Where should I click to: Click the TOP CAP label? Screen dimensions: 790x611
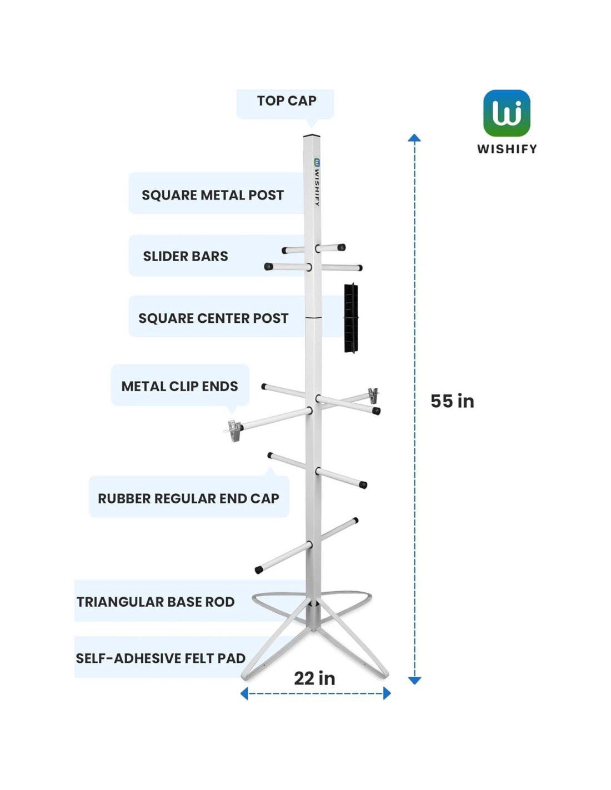pyautogui.click(x=286, y=101)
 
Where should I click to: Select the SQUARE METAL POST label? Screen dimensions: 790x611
pyautogui.click(x=212, y=195)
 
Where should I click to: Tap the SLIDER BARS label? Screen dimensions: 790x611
pyautogui.click(x=186, y=256)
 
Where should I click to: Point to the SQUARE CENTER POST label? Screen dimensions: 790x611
pyautogui.click(x=213, y=318)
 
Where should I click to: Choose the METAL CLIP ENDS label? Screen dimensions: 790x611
pyautogui.click(x=179, y=386)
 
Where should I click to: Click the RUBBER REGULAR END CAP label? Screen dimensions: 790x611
pyautogui.click(x=188, y=498)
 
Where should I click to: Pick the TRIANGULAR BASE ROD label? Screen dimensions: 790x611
pyautogui.click(x=156, y=602)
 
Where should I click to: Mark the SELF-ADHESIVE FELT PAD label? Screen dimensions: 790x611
pyautogui.click(x=161, y=658)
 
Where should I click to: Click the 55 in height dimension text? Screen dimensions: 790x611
pyautogui.click(x=452, y=401)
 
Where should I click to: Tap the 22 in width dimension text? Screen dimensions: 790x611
pyautogui.click(x=314, y=678)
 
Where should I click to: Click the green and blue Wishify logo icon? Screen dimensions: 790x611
pyautogui.click(x=507, y=113)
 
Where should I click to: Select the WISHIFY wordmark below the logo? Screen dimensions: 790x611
pyautogui.click(x=507, y=149)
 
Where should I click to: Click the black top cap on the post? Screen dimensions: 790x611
pyautogui.click(x=312, y=136)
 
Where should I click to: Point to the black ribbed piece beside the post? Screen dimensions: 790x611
pyautogui.click(x=350, y=318)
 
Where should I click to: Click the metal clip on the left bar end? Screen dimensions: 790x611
pyautogui.click(x=234, y=431)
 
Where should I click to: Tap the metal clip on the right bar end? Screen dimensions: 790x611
pyautogui.click(x=373, y=395)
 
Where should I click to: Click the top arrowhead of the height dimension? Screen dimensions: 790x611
pyautogui.click(x=414, y=138)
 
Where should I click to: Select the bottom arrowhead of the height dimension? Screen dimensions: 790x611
pyautogui.click(x=414, y=680)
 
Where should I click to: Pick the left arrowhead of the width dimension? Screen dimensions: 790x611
pyautogui.click(x=244, y=693)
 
